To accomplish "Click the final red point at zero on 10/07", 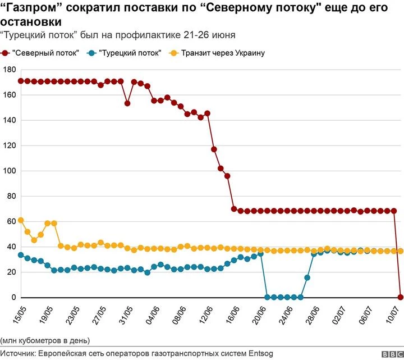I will click(x=401, y=297).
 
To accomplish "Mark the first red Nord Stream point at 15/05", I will click(x=21, y=81).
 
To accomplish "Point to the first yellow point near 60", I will click(x=21, y=220).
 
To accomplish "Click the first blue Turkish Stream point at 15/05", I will click(x=21, y=255).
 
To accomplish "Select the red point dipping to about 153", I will click(x=127, y=103).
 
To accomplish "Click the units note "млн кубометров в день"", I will click(x=45, y=340).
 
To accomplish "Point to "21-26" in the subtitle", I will click(x=195, y=35).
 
